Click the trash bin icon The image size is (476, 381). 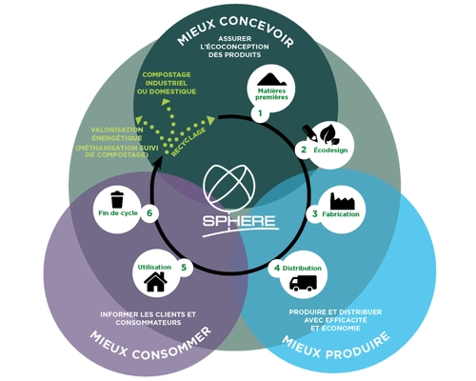click(117, 199)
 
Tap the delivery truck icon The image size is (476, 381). click(303, 283)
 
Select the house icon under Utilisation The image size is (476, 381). click(155, 282)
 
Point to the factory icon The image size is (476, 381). click(342, 201)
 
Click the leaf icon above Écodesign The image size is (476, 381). click(330, 135)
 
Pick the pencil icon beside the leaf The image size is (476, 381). click(309, 133)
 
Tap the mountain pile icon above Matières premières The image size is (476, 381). click(271, 80)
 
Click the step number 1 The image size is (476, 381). click(260, 112)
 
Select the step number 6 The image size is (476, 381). click(149, 212)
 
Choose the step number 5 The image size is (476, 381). click(184, 268)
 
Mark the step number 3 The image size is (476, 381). click(314, 214)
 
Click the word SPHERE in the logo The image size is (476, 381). click(239, 221)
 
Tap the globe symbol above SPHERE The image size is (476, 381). click(229, 185)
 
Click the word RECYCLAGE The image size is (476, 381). click(188, 142)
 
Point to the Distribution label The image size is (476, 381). click(302, 269)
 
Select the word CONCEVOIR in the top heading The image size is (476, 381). click(257, 30)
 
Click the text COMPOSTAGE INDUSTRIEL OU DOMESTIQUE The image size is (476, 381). click(167, 83)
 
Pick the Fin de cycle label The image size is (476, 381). click(118, 213)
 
